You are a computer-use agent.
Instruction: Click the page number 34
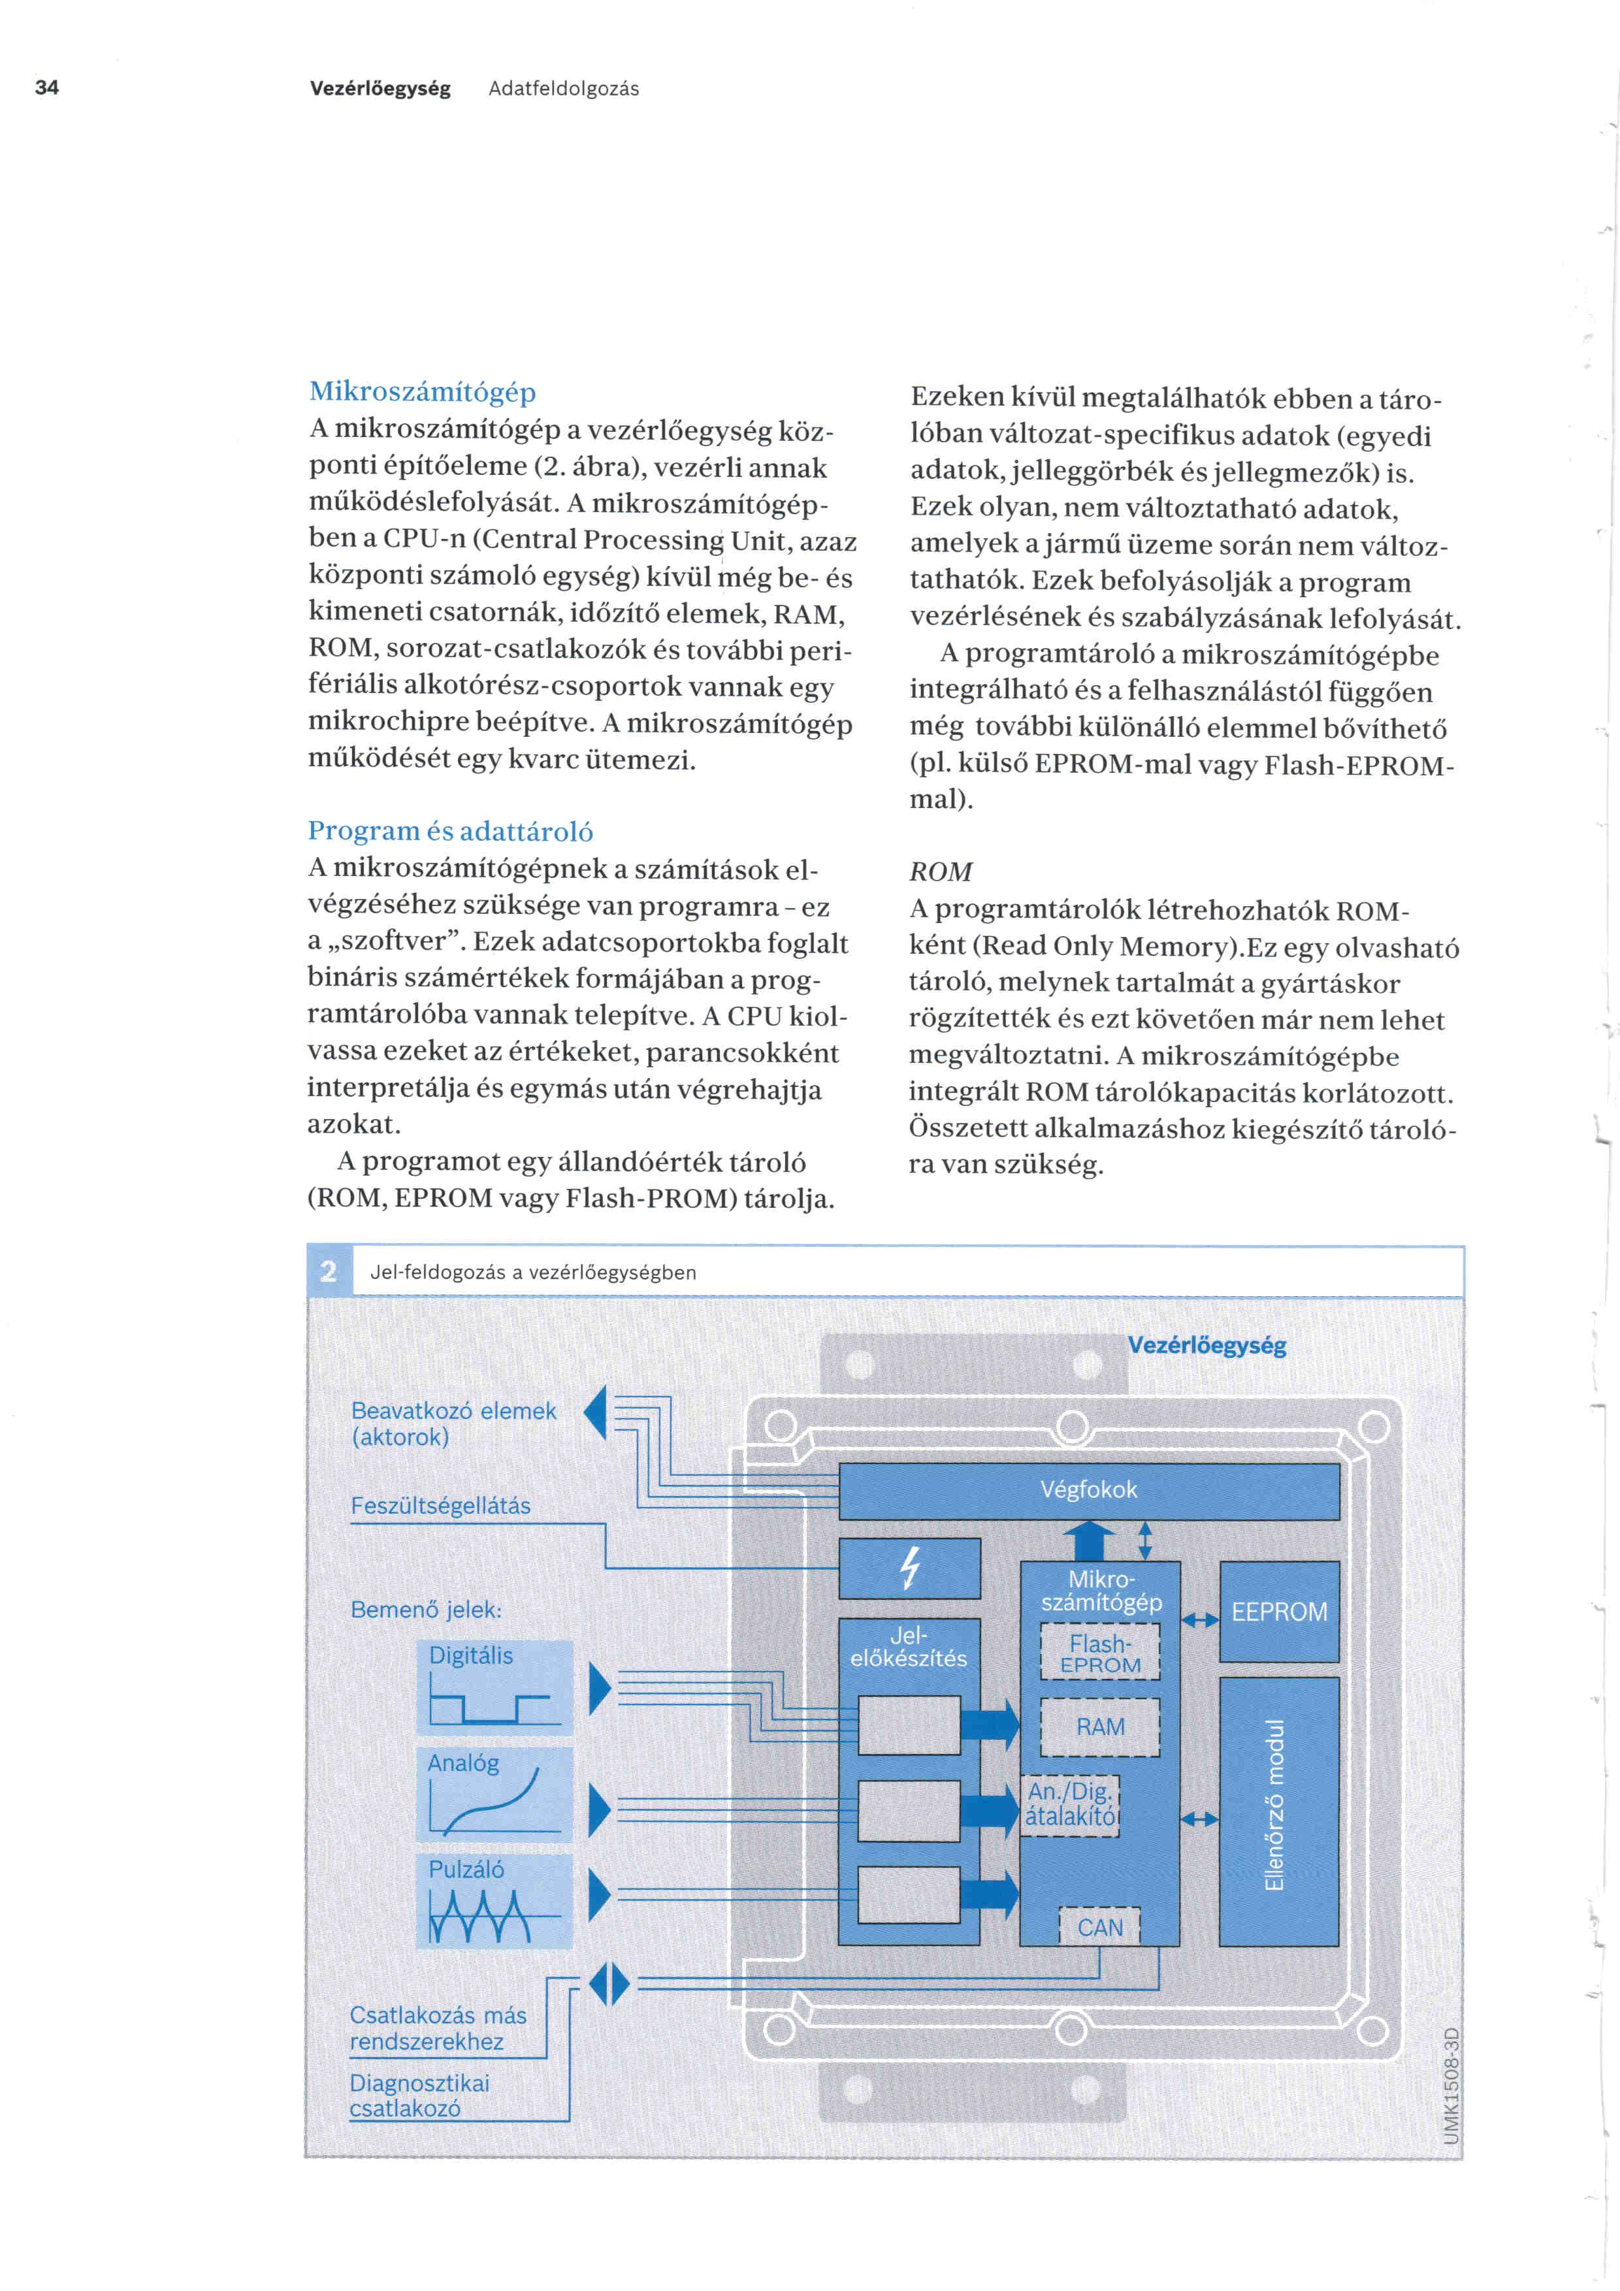point(47,88)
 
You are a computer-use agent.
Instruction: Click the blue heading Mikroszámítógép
point(422,391)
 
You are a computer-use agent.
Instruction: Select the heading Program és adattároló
point(450,830)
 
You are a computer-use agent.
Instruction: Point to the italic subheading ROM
point(940,871)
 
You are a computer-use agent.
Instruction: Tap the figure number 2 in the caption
point(328,1271)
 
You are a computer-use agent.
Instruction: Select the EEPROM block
point(1279,1612)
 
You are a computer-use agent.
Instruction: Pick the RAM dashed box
point(1100,1726)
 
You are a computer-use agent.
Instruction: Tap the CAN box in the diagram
point(1099,1926)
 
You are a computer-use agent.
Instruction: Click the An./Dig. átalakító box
point(1071,1804)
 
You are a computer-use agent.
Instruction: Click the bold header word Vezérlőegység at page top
point(380,89)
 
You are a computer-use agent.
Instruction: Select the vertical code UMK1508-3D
point(1451,2085)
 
